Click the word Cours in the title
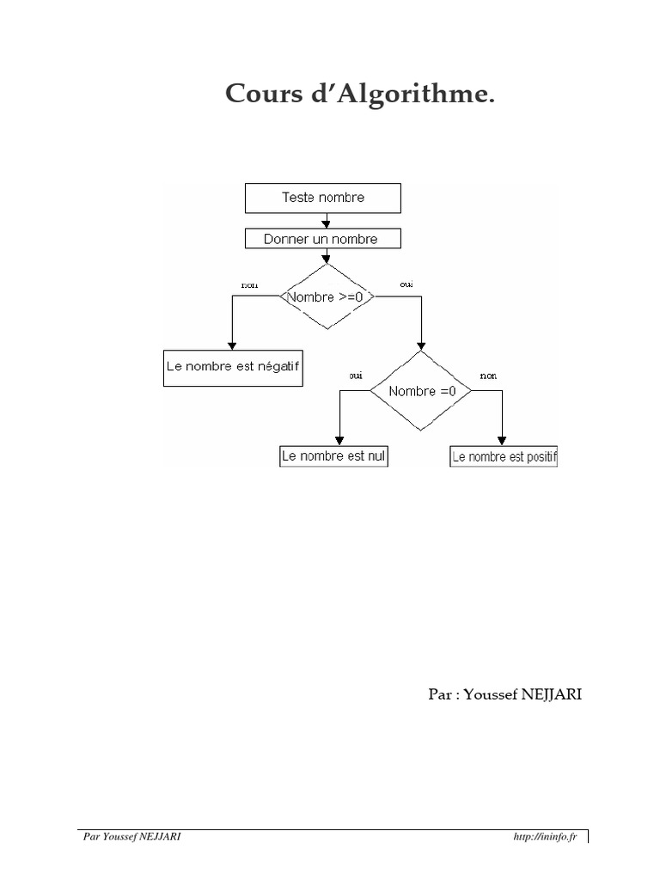[264, 93]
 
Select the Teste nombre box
[323, 199]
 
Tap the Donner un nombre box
[323, 239]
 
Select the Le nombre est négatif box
[233, 368]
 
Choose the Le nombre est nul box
[334, 456]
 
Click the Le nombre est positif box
[504, 457]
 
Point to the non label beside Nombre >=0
[250, 285]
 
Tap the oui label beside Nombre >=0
[406, 284]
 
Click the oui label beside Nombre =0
[356, 376]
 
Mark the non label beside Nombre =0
[488, 376]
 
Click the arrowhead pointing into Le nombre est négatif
[232, 345]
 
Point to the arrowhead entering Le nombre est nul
[339, 441]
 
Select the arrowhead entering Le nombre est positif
[502, 441]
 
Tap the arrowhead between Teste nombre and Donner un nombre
[326, 224]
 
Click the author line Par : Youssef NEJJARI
[505, 694]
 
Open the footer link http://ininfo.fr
[545, 837]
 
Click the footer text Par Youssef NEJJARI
[131, 837]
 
